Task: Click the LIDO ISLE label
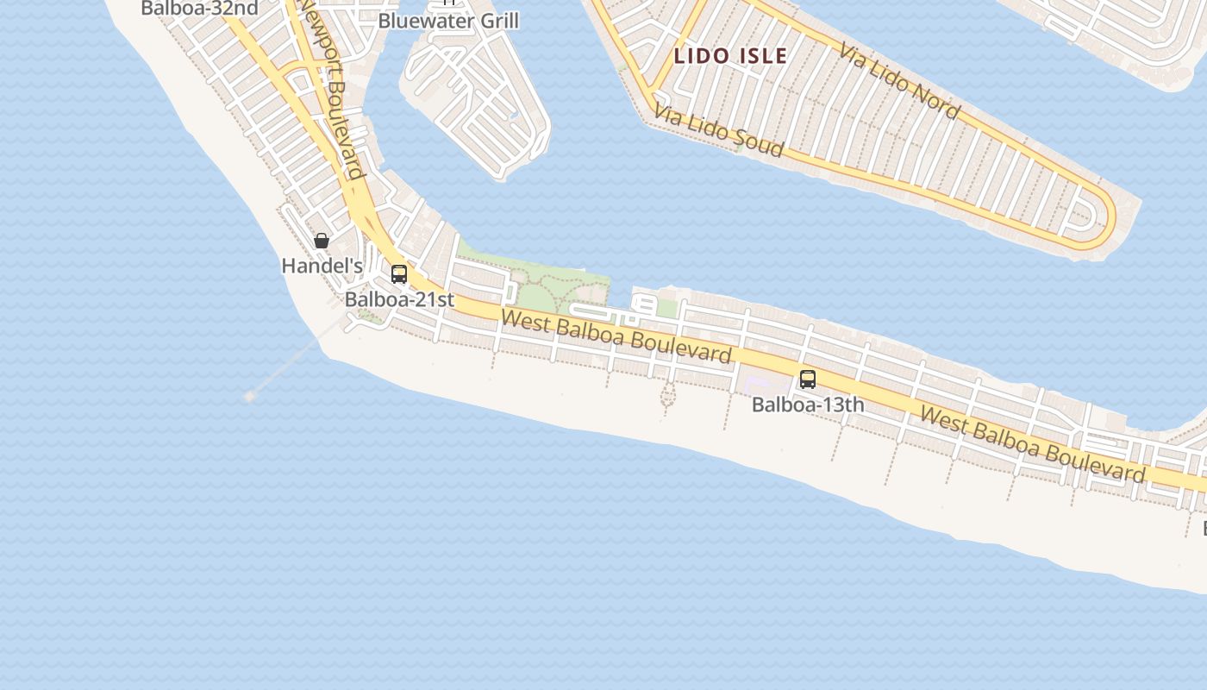click(x=730, y=57)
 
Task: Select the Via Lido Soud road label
click(x=718, y=130)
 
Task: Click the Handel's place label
click(x=322, y=267)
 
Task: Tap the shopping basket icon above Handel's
click(x=322, y=241)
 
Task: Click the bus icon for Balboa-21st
click(x=398, y=274)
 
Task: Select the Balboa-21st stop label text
click(x=399, y=300)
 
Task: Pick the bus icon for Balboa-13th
click(x=807, y=379)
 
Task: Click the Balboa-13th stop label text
click(x=808, y=405)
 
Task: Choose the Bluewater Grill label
click(x=448, y=21)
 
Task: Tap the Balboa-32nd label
click(x=199, y=9)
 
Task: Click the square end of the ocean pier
click(x=250, y=396)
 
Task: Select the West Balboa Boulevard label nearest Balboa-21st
click(x=616, y=337)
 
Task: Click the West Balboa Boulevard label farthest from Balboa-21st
click(x=1032, y=443)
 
